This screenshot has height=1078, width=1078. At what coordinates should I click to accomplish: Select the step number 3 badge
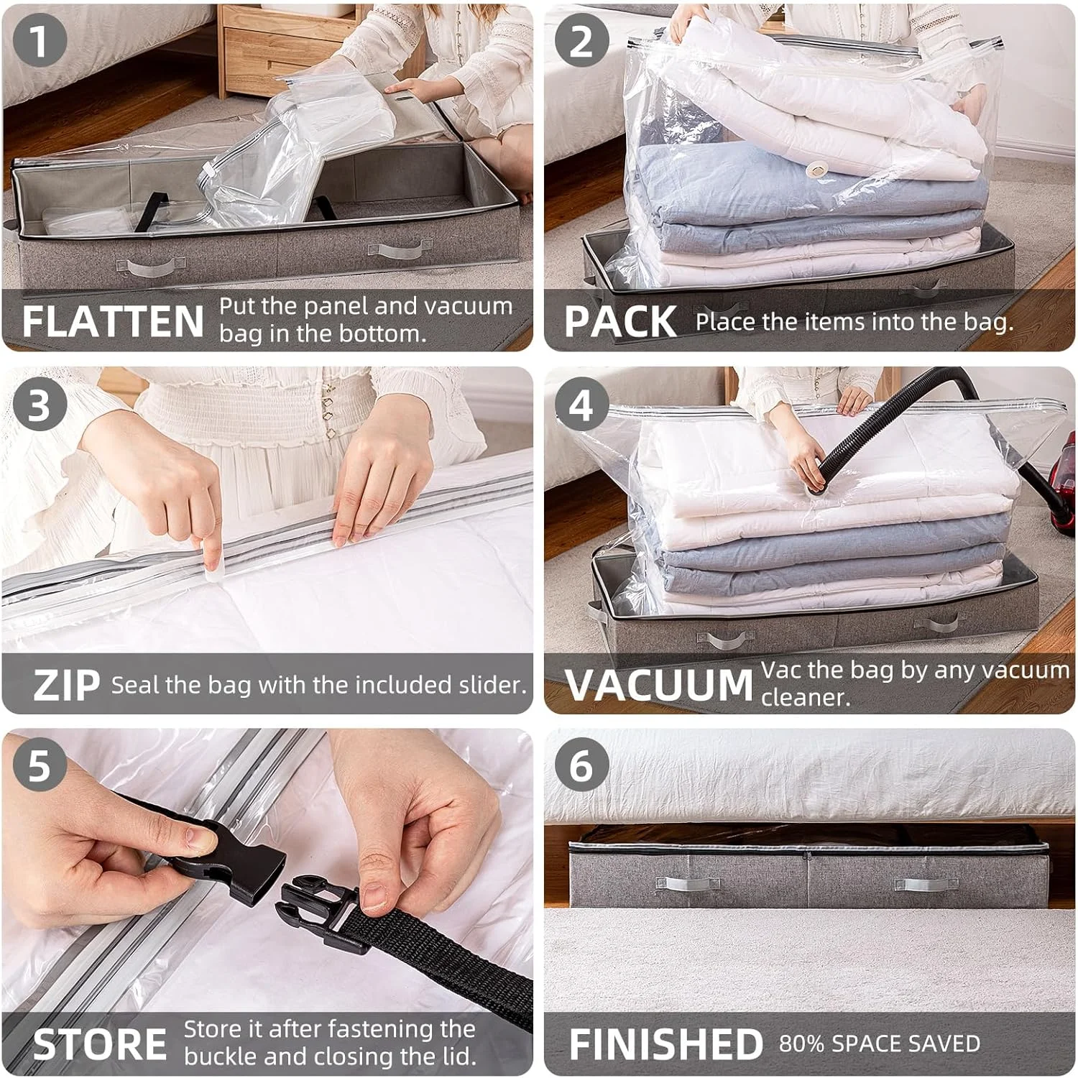pyautogui.click(x=40, y=404)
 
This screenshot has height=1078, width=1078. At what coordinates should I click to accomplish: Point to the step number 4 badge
pyautogui.click(x=581, y=404)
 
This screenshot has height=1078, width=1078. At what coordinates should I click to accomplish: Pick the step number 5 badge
pyautogui.click(x=40, y=765)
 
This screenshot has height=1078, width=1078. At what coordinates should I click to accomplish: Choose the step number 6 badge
pyautogui.click(x=581, y=765)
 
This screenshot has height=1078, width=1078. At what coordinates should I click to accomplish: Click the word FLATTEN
pyautogui.click(x=113, y=321)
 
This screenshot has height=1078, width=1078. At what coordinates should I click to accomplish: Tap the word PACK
pyautogui.click(x=619, y=321)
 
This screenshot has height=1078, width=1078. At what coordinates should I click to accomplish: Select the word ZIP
pyautogui.click(x=66, y=685)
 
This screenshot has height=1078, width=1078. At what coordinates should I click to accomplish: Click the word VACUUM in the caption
pyautogui.click(x=659, y=685)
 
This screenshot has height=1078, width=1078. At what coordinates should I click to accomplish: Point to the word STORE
pyautogui.click(x=100, y=1044)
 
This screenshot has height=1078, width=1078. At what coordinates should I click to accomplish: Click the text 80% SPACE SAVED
pyautogui.click(x=880, y=1044)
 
